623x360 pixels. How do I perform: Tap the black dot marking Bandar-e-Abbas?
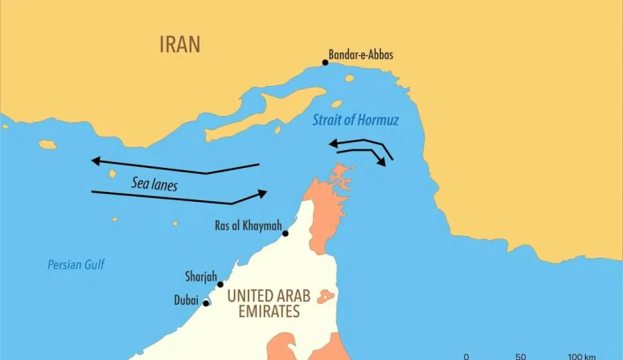325,62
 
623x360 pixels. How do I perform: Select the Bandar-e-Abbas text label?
360,55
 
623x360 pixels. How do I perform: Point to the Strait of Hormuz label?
356,121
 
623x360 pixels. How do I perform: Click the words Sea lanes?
154,184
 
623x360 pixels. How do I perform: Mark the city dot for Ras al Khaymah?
285,234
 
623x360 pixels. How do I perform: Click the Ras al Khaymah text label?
247,225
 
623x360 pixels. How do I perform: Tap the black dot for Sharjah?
220,285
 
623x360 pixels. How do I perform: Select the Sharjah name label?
200,276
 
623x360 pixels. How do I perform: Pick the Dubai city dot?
206,303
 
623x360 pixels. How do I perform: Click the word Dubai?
186,300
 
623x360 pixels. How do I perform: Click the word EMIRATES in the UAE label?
264,311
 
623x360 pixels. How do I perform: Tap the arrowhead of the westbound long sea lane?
95,161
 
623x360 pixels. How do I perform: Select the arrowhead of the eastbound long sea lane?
263,193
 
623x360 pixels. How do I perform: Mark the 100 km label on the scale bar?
582,357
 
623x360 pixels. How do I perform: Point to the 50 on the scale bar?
521,357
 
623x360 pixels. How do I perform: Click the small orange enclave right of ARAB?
327,296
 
